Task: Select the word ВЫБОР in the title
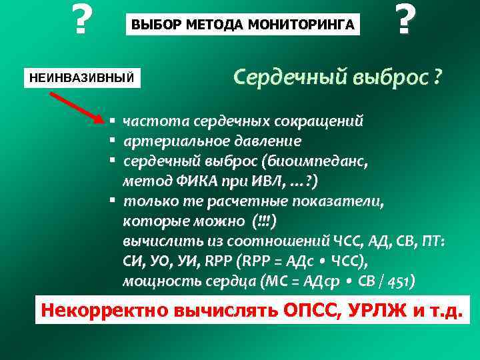(153, 25)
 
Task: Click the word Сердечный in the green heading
(281, 77)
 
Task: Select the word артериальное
(173, 141)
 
